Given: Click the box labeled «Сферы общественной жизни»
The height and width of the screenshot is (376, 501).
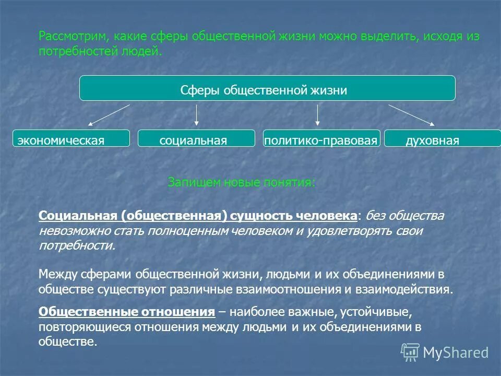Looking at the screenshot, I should [x=267, y=88].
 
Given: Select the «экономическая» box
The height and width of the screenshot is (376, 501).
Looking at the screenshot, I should [x=70, y=138].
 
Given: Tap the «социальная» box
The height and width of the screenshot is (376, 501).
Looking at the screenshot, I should [x=196, y=138].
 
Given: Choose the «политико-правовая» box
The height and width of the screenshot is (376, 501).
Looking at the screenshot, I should [x=321, y=138].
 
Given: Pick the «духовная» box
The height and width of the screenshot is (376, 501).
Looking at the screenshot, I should [x=442, y=138].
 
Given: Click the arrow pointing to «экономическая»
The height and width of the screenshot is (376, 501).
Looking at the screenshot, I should [x=109, y=115].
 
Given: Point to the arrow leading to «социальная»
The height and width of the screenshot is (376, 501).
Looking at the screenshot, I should [x=196, y=115].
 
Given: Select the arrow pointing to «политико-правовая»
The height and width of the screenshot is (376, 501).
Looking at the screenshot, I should [x=317, y=115].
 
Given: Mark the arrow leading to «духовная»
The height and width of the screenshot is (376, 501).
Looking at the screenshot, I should [x=411, y=115].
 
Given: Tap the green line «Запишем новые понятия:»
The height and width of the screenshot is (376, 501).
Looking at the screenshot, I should [x=241, y=182].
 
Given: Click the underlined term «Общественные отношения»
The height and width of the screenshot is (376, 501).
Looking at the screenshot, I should [x=127, y=312].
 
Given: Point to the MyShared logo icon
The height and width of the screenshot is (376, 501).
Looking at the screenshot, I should [x=410, y=352].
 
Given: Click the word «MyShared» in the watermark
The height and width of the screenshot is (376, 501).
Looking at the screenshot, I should [x=456, y=353].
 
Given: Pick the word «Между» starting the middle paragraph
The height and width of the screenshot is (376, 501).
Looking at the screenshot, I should [x=56, y=274].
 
